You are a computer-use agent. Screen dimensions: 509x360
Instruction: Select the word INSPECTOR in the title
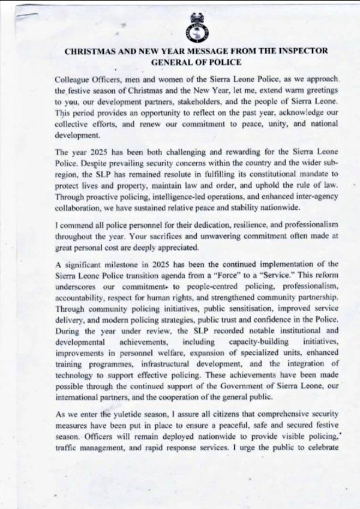coord(300,51)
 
